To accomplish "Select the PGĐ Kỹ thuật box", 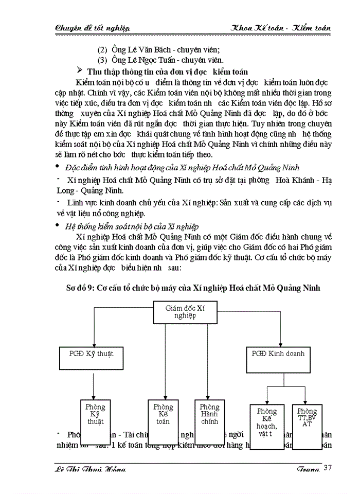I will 93,359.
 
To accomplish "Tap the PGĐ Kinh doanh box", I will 278,359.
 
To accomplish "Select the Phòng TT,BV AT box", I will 307,425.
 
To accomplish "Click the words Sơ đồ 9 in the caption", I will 91,288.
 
